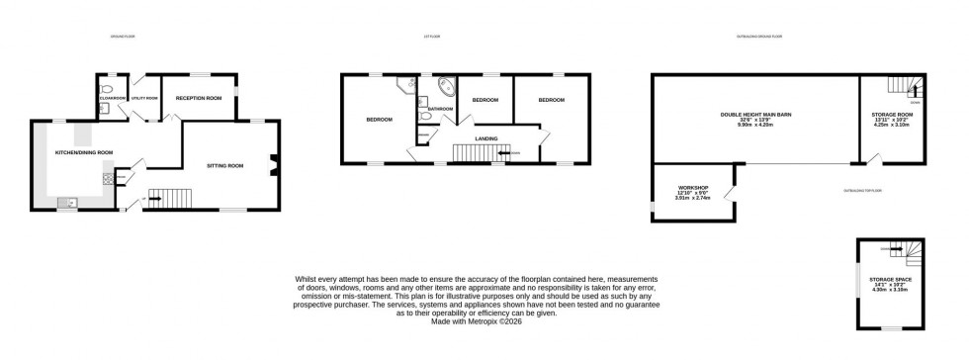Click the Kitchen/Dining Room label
[x=84, y=152]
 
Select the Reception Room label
[x=198, y=98]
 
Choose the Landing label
[x=485, y=138]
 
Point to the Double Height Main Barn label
[x=751, y=115]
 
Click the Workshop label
[x=687, y=187]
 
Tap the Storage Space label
[x=890, y=281]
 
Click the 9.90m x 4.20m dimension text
[x=751, y=127]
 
